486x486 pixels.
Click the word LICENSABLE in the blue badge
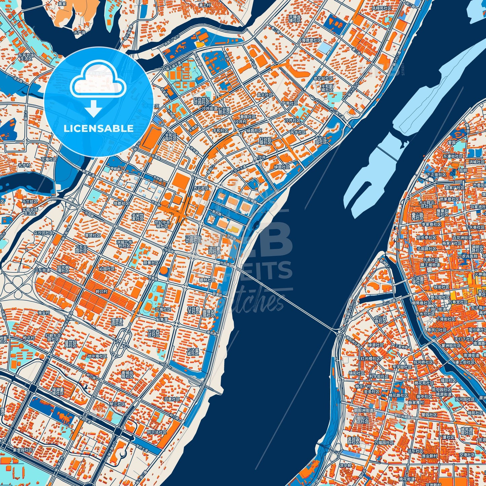point(99,128)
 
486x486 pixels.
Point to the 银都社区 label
point(121,203)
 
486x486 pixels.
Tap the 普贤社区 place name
point(92,235)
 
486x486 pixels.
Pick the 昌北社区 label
point(265,95)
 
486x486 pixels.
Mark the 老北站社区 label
point(323,78)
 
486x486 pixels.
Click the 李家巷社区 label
point(431,224)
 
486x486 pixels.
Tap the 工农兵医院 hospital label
point(468,256)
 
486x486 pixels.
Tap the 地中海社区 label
point(97,356)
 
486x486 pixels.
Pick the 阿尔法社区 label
point(157,432)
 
